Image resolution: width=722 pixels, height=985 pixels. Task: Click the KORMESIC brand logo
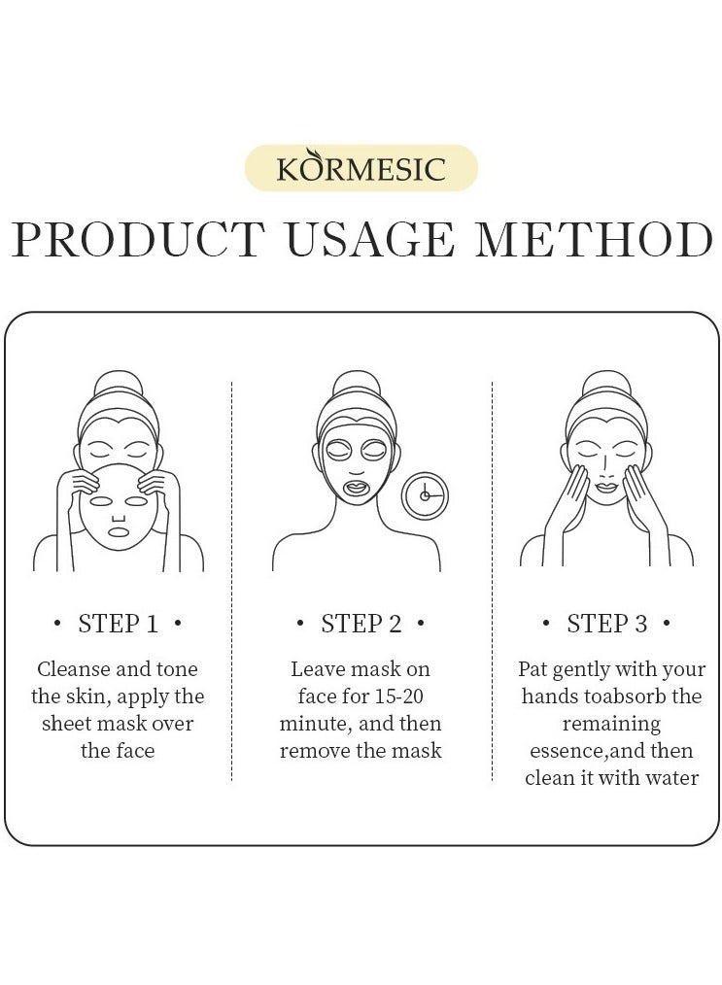tap(361, 167)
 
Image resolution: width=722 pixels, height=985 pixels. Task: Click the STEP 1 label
tap(118, 624)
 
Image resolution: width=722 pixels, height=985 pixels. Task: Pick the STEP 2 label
tap(361, 624)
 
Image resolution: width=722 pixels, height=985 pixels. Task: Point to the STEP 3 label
tap(606, 624)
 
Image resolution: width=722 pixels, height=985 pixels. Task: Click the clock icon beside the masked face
tap(425, 495)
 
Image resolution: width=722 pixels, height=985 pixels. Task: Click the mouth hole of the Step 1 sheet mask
tap(118, 532)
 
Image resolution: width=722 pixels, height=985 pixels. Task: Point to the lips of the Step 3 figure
tap(606, 487)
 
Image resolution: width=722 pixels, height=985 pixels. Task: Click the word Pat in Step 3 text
tap(533, 669)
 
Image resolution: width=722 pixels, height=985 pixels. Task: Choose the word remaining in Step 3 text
tap(611, 724)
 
